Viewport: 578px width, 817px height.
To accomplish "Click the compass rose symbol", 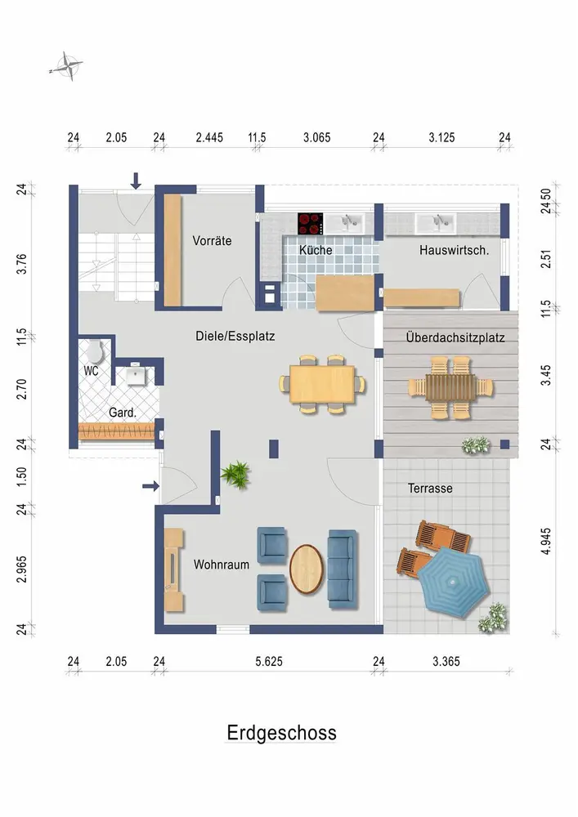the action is click(67, 66).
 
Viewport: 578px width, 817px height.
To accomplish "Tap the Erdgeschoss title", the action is click(281, 733).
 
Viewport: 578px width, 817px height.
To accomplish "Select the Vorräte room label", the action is click(212, 241).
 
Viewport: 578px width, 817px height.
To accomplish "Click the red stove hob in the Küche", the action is click(311, 224).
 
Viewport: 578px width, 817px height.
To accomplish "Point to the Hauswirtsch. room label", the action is click(454, 250).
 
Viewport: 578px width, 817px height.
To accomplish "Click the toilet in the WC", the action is click(95, 351).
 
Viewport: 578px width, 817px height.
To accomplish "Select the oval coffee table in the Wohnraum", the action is click(307, 569).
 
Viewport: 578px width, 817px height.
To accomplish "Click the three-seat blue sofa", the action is click(343, 569).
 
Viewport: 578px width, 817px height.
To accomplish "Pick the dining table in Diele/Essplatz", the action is click(322, 384).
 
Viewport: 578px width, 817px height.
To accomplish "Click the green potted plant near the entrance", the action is click(236, 475).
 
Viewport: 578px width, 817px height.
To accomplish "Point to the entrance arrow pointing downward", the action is click(136, 181).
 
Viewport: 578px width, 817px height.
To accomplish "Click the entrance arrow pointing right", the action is click(151, 486).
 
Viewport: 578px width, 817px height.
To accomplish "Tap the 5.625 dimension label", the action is click(269, 661).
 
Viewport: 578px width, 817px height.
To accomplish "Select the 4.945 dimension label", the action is click(545, 541).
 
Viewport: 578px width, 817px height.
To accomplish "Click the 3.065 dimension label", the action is click(317, 137).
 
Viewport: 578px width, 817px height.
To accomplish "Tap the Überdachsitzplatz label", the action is click(455, 337).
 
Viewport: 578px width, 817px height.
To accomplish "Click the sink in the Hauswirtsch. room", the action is click(435, 222).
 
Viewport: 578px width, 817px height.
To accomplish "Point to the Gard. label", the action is click(123, 413).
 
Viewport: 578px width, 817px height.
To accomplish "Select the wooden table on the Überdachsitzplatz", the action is click(450, 387).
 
